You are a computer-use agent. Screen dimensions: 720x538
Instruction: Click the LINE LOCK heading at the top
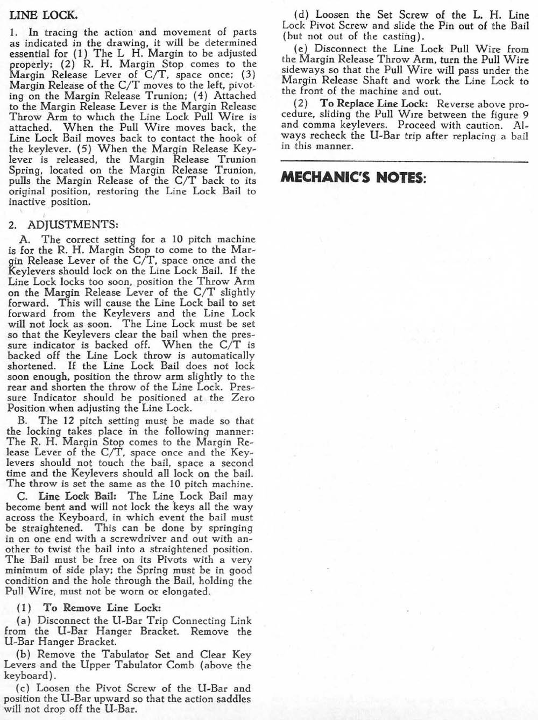(43, 15)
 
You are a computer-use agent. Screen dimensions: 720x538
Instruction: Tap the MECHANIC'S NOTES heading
(353, 177)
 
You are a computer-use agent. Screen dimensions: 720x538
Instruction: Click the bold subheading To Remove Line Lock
(102, 608)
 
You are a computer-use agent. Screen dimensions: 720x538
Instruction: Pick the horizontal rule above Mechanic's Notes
(405, 161)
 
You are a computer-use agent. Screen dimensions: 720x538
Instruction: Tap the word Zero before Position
(243, 398)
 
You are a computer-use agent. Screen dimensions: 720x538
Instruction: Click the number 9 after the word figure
(526, 115)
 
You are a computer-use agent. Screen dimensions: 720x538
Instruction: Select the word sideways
(302, 70)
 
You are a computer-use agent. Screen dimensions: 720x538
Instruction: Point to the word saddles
(232, 698)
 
